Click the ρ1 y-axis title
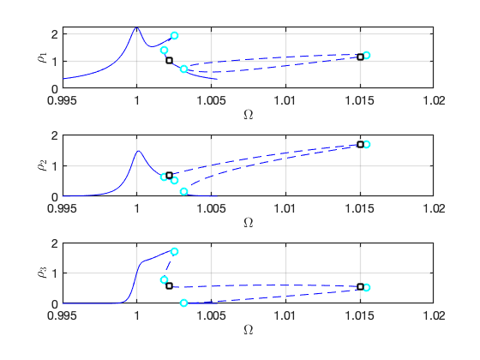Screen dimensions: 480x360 click(x=42, y=57)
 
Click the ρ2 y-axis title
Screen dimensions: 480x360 click(x=42, y=165)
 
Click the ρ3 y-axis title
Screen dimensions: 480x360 click(x=42, y=273)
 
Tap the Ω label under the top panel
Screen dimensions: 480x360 click(x=249, y=115)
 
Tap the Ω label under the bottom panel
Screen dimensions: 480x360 click(x=249, y=330)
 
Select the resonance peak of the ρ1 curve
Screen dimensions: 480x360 click(x=136, y=27)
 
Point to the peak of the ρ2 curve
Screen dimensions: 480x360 click(x=138, y=151)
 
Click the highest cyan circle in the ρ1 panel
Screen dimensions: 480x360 click(x=174, y=35)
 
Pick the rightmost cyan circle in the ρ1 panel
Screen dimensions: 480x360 click(x=367, y=55)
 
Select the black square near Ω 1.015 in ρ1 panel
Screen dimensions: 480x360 click(x=360, y=57)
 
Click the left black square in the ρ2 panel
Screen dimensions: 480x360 click(x=170, y=176)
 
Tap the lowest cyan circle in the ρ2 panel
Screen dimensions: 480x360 click(x=183, y=192)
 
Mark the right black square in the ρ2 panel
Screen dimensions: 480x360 click(x=360, y=144)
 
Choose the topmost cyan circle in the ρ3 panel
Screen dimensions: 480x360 click(x=175, y=252)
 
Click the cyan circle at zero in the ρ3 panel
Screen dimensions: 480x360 click(x=183, y=303)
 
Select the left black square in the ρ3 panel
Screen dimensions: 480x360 click(x=170, y=286)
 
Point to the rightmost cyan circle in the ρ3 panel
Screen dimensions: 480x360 click(x=367, y=287)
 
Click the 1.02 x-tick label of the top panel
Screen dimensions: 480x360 click(x=434, y=100)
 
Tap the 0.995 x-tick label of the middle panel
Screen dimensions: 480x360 click(x=62, y=208)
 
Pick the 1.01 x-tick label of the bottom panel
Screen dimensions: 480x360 click(x=285, y=315)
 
